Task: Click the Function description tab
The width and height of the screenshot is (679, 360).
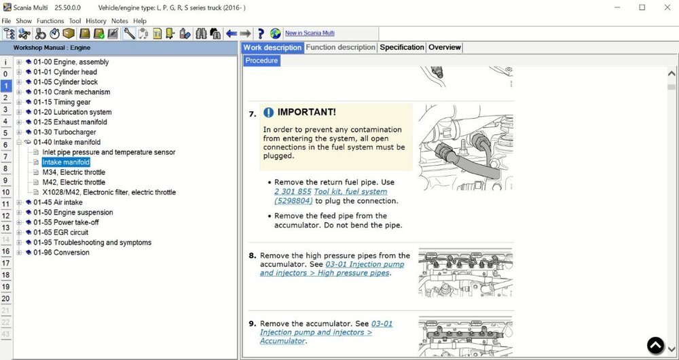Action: [x=340, y=48]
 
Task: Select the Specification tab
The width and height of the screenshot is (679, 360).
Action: [x=401, y=48]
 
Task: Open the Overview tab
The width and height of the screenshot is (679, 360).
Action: [x=445, y=48]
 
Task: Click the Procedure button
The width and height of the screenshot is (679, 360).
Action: [x=261, y=60]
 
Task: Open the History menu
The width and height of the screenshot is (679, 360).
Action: [x=96, y=21]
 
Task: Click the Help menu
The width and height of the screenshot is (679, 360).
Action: [x=140, y=21]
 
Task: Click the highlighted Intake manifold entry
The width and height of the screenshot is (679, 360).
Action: [x=66, y=162]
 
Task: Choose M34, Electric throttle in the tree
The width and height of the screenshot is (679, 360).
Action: [x=73, y=173]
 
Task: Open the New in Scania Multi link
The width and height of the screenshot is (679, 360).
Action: [x=310, y=33]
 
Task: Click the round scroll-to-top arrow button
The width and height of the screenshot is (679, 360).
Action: [x=655, y=346]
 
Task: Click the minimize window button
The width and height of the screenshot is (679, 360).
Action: [x=615, y=7]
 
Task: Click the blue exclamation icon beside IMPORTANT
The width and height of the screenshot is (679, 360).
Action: [x=269, y=112]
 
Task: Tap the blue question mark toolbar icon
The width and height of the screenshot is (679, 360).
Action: [x=261, y=33]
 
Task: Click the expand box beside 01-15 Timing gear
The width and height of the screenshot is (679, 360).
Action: [x=20, y=103]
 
